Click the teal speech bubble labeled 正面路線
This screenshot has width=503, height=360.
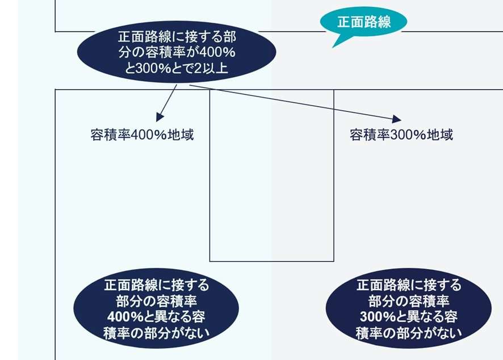point(364,22)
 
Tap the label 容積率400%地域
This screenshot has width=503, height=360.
point(142,136)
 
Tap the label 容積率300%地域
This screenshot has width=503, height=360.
point(401,136)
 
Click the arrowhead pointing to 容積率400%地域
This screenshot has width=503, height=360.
point(160,118)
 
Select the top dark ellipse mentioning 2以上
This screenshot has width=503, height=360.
point(177,52)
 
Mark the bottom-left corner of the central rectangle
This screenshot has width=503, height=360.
point(210,261)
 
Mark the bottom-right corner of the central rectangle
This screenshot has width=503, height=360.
point(334,261)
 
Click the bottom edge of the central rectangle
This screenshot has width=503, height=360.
point(272,261)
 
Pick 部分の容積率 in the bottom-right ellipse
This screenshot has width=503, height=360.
point(409,300)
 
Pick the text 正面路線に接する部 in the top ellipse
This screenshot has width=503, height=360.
point(177,37)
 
